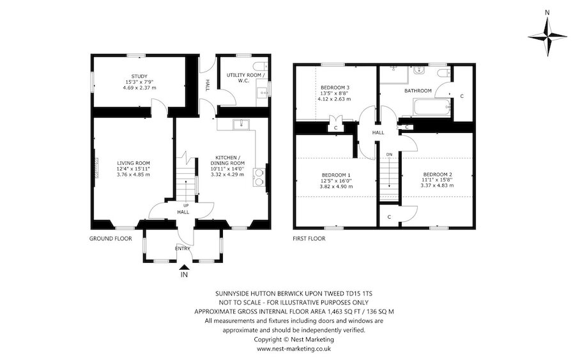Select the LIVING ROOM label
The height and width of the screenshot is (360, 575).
132,162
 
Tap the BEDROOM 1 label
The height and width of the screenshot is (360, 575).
335,175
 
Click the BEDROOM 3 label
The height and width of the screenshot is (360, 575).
335,87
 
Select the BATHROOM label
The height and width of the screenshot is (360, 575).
417,91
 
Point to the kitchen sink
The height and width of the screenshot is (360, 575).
241,125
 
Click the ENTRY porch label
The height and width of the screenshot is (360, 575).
183,249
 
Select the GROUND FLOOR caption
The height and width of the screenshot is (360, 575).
111,239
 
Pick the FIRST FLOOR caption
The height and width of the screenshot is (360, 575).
309,239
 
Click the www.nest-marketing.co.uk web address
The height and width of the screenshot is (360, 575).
293,349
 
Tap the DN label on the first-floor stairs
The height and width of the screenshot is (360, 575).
388,155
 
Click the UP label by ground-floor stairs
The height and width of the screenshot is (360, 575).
186,205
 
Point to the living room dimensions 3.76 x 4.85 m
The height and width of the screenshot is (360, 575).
132,175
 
